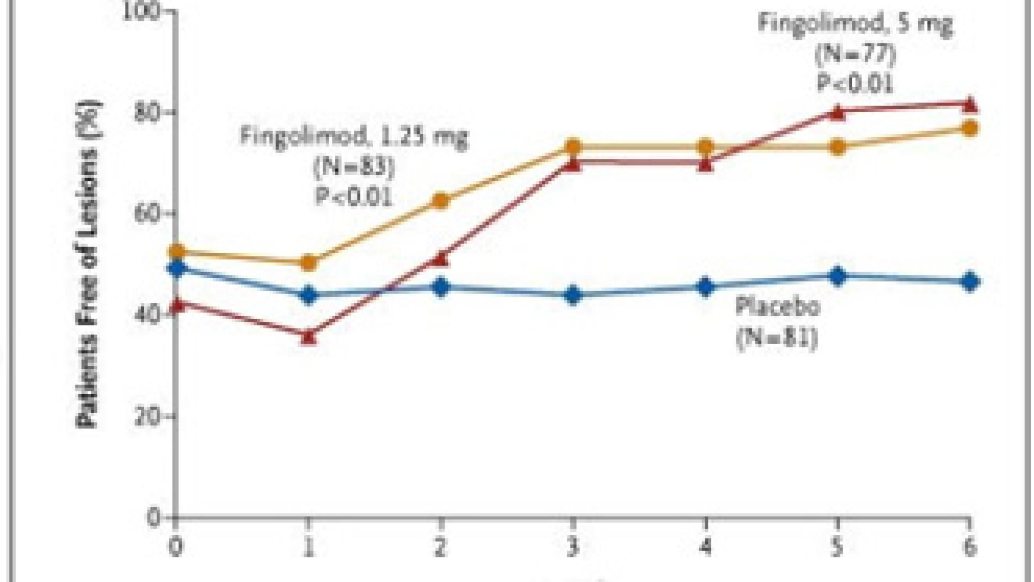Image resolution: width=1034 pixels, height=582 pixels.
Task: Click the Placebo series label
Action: click(777, 307)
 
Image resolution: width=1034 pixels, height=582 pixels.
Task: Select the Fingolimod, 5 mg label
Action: click(855, 24)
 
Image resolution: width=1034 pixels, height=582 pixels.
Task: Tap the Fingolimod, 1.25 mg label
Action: click(354, 136)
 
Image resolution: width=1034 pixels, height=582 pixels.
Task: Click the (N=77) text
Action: click(855, 54)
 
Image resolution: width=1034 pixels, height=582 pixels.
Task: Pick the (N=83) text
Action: click(354, 167)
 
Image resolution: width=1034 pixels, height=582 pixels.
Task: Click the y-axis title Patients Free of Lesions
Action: click(87, 264)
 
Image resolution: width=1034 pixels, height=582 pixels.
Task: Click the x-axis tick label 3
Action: click(573, 547)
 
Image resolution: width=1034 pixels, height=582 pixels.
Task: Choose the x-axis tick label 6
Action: click(970, 547)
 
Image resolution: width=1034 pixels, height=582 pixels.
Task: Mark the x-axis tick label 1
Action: click(308, 547)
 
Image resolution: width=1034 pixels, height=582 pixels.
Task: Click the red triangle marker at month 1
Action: click(308, 336)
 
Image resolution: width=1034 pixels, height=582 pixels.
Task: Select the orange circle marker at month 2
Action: click(441, 201)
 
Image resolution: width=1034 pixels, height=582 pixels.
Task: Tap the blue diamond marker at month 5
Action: click(838, 276)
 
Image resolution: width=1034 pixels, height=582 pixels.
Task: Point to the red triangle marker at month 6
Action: click(970, 105)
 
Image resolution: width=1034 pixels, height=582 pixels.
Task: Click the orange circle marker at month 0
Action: click(176, 252)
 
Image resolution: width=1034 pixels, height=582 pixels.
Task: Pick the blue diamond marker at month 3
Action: click(573, 295)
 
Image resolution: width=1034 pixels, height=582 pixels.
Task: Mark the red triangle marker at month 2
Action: click(441, 259)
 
